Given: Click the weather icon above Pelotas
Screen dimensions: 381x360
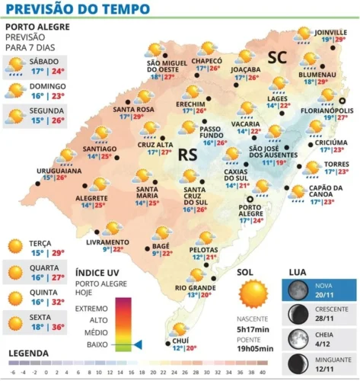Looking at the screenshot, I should coord(205,239).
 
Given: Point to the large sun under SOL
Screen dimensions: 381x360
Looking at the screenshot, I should coord(253,294).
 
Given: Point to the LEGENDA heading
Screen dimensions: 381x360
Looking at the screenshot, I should coord(28,354).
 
